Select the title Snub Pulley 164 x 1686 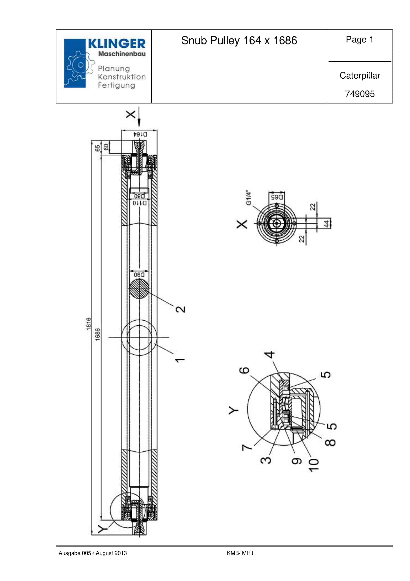[x=239, y=41]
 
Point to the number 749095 [x=360, y=94]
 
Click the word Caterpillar [x=360, y=75]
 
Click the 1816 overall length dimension [x=88, y=324]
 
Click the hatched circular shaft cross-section [x=139, y=289]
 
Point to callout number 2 [x=180, y=309]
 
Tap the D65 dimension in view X [x=277, y=197]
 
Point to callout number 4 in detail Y [x=270, y=355]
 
